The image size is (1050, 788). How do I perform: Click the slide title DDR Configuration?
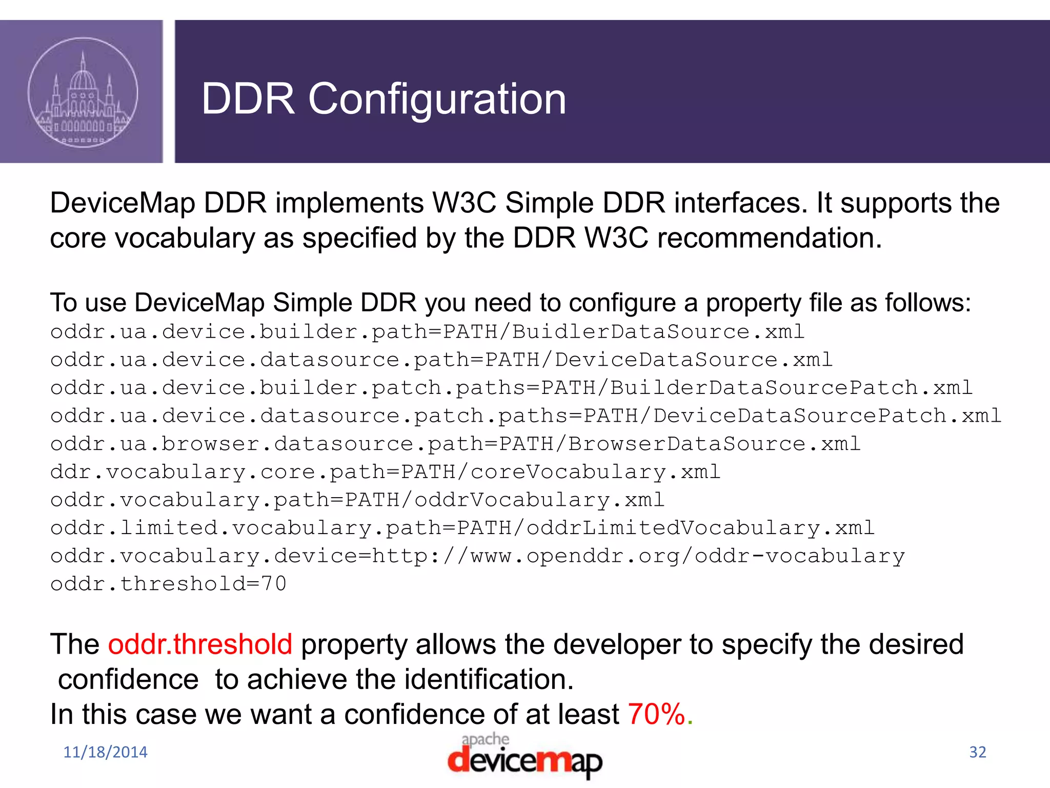click(383, 98)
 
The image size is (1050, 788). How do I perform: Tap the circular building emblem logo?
click(83, 92)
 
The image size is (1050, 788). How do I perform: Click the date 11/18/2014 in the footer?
click(105, 752)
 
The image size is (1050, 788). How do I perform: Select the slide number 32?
click(977, 752)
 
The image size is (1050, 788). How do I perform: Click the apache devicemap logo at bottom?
click(524, 756)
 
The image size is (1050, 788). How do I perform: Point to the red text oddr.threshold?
click(200, 644)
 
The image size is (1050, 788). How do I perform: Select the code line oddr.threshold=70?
click(168, 584)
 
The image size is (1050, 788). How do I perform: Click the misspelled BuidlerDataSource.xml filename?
click(658, 332)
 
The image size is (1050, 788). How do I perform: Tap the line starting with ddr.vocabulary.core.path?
click(385, 472)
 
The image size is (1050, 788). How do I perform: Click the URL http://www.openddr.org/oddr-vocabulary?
click(638, 556)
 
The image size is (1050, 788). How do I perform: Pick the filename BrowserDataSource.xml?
click(714, 444)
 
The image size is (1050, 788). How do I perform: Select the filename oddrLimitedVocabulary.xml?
click(700, 528)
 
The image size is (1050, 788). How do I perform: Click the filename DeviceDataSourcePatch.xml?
click(827, 416)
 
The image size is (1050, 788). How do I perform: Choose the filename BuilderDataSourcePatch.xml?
click(791, 388)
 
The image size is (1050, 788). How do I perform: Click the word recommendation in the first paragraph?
click(769, 239)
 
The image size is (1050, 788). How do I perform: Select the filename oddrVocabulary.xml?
click(539, 500)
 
